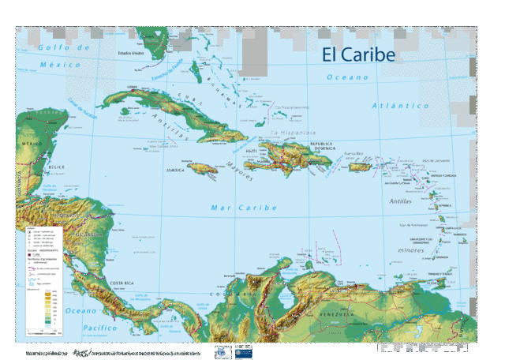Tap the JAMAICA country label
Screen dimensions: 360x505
[x=176, y=170]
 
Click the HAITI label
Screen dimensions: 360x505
[x=252, y=151]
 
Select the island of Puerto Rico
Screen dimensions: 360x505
[x=360, y=167]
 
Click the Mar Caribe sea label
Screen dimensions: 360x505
[x=244, y=208]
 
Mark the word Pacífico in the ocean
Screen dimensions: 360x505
[x=89, y=327]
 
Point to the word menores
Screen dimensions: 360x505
[x=411, y=250]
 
